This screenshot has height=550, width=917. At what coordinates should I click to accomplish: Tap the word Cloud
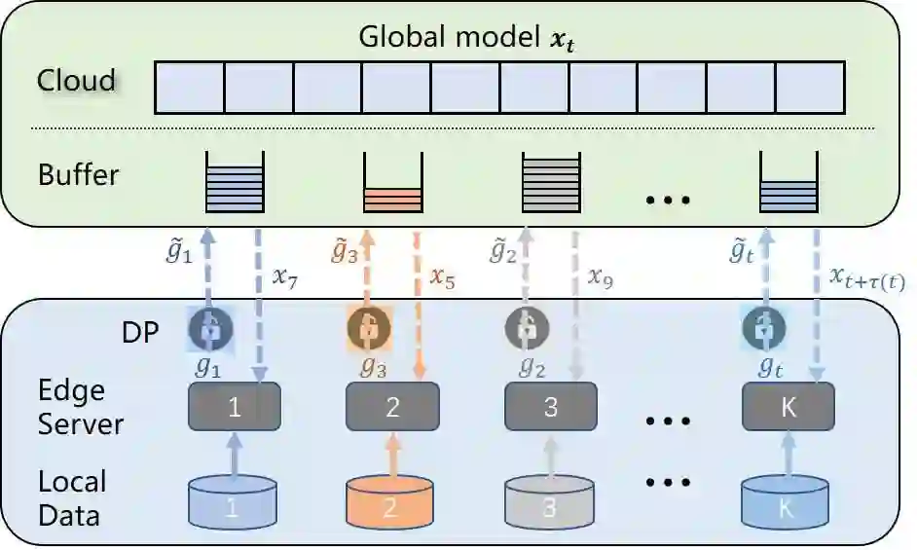click(77, 80)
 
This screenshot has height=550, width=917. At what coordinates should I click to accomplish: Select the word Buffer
click(78, 175)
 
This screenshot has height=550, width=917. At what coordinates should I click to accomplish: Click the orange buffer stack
click(392, 185)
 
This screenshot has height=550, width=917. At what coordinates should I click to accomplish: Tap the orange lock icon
click(367, 328)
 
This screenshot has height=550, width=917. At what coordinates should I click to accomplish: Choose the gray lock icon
click(526, 328)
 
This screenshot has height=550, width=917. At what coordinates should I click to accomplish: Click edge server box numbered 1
click(234, 407)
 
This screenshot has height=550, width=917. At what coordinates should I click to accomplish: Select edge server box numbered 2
click(392, 407)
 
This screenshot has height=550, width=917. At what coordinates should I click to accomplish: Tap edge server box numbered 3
click(550, 407)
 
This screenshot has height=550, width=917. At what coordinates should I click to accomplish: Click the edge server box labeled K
click(788, 407)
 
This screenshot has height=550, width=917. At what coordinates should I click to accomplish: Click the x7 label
click(284, 278)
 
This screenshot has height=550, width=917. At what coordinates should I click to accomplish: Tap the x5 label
click(443, 278)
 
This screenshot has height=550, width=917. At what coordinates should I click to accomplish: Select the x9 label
click(601, 278)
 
